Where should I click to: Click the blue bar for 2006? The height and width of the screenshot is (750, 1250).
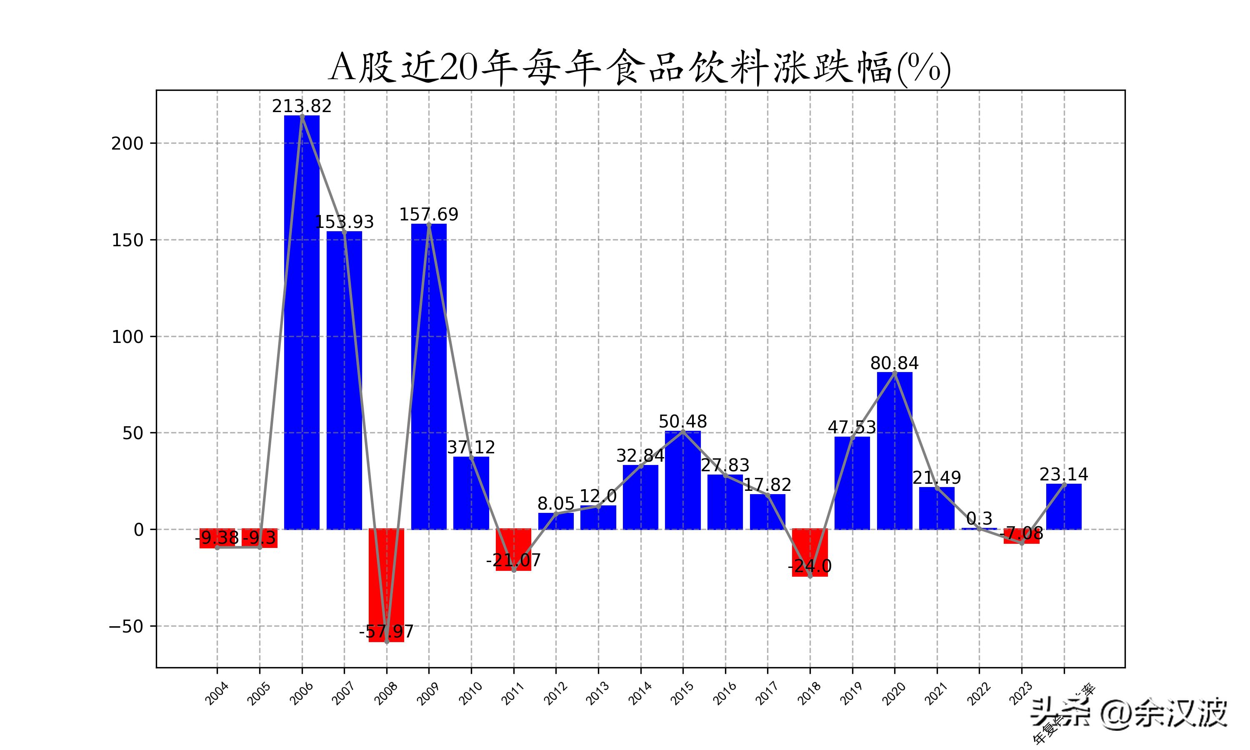302,323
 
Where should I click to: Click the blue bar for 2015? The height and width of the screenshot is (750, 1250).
682,480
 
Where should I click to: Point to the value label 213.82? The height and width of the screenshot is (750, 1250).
302,106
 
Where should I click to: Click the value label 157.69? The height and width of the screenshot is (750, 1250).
429,214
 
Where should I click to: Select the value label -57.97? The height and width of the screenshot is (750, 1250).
387,631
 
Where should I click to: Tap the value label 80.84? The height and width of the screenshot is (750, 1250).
894,363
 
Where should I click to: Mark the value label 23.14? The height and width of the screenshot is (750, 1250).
1064,474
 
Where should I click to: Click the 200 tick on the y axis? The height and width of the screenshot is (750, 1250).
127,143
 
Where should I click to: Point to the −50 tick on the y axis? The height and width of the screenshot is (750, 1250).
126,627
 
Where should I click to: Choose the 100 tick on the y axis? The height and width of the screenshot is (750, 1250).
127,337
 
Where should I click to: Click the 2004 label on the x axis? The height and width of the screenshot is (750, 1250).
217,693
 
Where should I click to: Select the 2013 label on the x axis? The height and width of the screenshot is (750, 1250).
598,693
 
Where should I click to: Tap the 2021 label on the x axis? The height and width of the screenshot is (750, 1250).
936,693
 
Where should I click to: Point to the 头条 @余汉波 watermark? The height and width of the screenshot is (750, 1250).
1129,713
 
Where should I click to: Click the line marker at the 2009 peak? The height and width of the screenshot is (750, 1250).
429,225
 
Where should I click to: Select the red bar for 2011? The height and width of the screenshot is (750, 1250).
513,550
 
